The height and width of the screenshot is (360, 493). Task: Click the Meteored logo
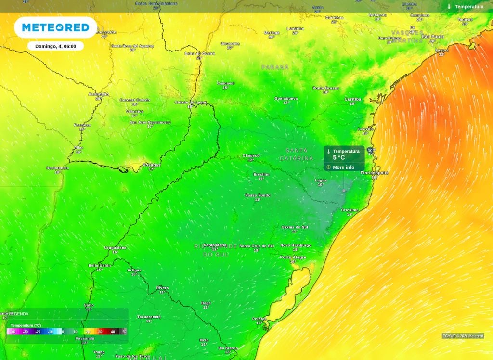click(55, 27)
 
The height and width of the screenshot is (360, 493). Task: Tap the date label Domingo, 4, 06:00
click(55, 46)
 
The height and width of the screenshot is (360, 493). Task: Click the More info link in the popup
click(343, 167)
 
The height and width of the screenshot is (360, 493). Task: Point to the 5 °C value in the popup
click(339, 157)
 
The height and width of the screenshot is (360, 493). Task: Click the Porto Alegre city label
click(293, 257)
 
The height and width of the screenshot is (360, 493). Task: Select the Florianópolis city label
click(374, 172)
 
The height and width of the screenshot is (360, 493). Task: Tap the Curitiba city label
click(352, 99)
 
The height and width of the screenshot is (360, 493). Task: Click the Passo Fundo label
click(258, 195)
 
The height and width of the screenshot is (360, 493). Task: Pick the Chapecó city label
click(251, 155)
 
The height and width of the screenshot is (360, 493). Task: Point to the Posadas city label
click(151, 165)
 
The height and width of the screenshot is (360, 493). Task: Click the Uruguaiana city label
click(115, 247)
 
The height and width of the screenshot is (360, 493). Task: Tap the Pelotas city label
click(259, 319)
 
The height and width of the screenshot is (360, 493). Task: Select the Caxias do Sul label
click(295, 227)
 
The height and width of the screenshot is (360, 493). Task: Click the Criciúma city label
click(350, 210)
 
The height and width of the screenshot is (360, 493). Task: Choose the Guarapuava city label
click(286, 98)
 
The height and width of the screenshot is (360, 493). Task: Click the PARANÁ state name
click(275, 67)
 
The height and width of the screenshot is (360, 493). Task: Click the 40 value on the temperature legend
click(113, 332)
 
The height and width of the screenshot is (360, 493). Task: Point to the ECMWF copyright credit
click(463, 336)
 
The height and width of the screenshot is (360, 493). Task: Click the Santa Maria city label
click(215, 245)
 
